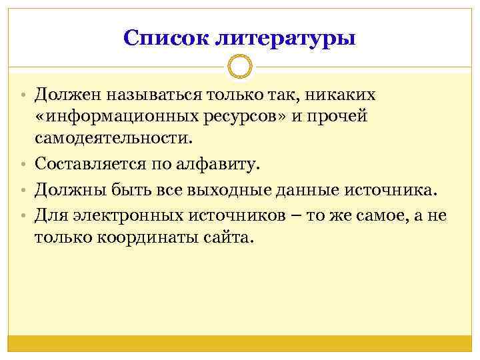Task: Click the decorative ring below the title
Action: coord(240,67)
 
